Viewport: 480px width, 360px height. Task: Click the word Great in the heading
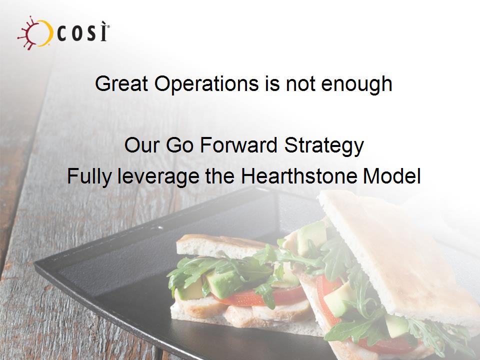pos(121,83)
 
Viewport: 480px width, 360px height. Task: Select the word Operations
pos(206,83)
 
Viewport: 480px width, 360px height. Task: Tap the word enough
pos(356,83)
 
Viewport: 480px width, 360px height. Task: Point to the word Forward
pos(239,145)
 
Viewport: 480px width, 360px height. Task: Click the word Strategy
pos(324,145)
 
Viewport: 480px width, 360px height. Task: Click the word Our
pos(142,145)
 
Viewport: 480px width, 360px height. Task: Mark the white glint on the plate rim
pos(160,228)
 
